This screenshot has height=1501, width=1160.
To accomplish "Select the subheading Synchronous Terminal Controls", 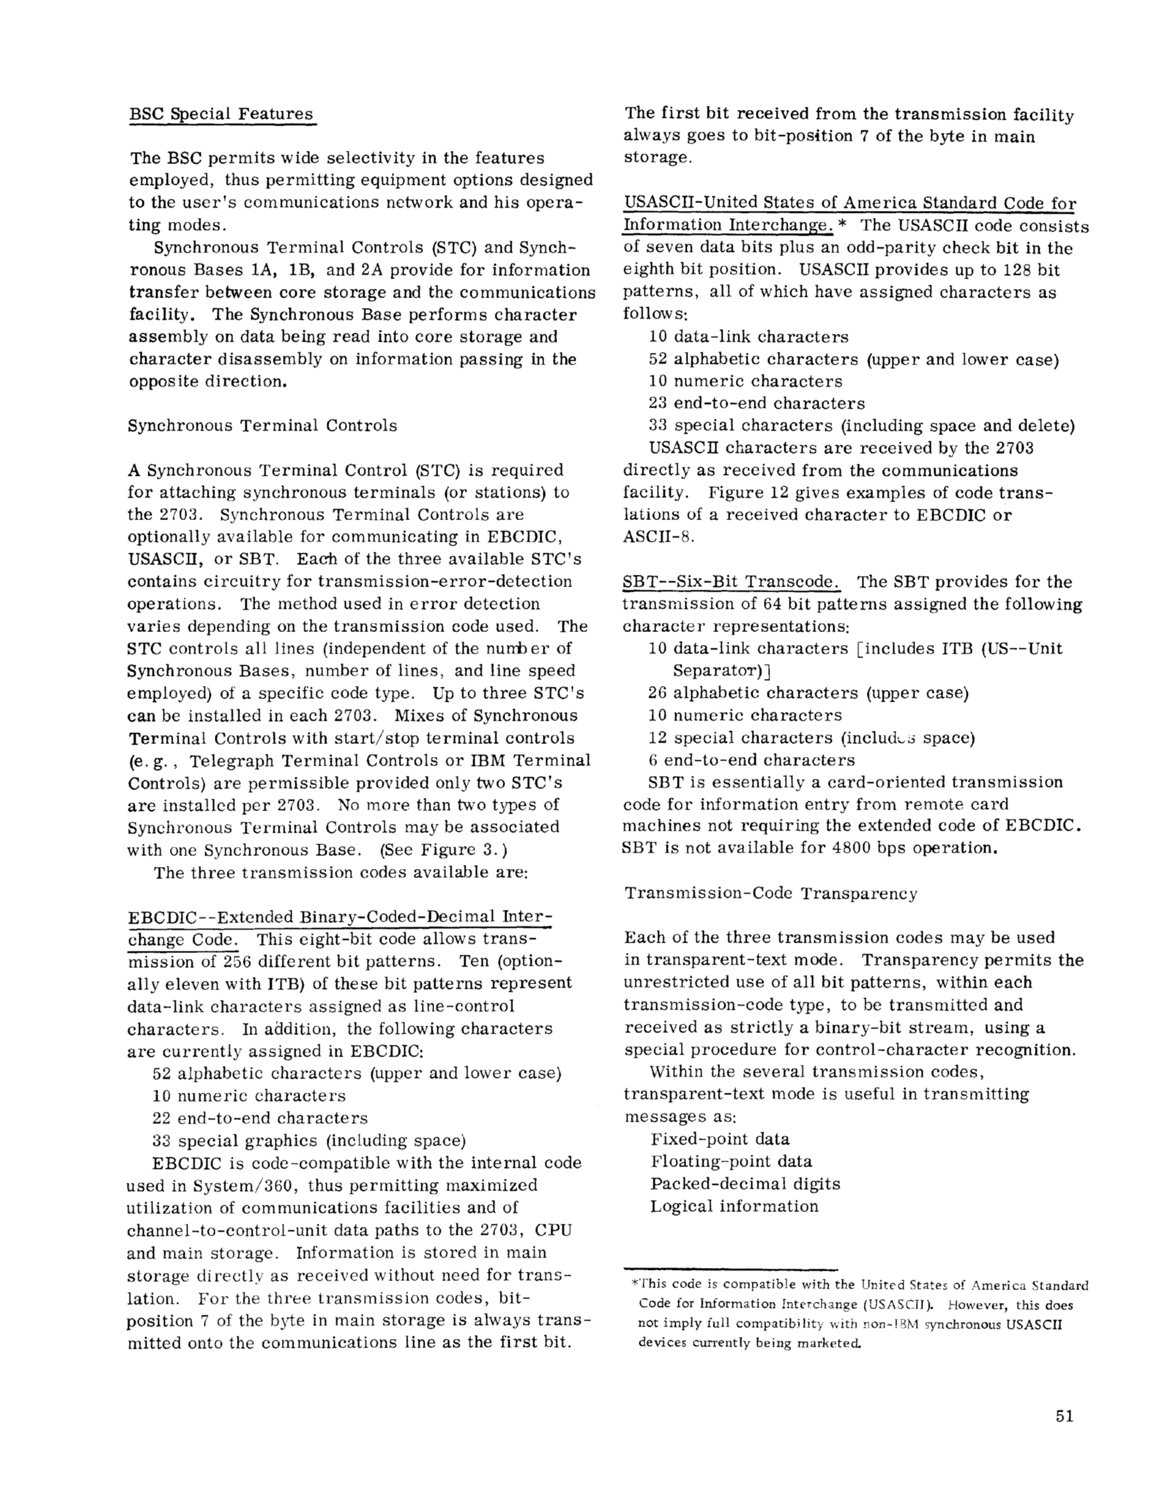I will (262, 426).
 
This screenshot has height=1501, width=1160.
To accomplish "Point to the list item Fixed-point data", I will (720, 1140).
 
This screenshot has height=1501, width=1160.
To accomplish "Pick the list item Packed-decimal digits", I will (745, 1184).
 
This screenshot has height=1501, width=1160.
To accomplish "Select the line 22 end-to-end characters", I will (260, 1118).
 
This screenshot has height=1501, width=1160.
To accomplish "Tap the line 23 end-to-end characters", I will (756, 404).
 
